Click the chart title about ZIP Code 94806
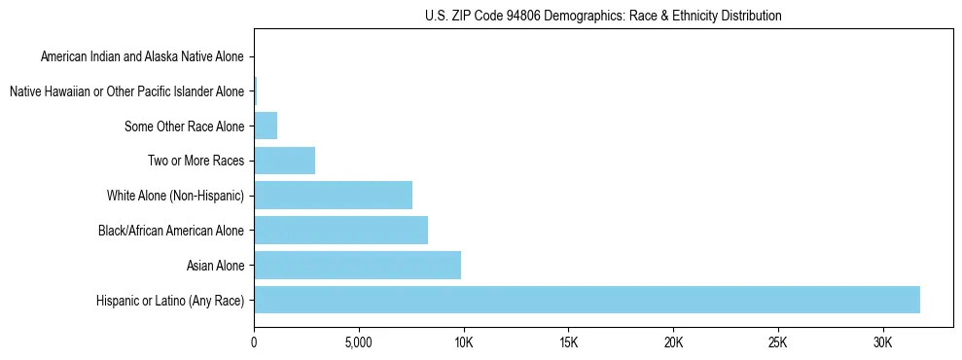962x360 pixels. click(x=603, y=16)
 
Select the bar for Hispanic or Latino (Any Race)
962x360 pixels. click(x=587, y=300)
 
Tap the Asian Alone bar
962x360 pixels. click(x=357, y=265)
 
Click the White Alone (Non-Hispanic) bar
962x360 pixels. click(x=333, y=196)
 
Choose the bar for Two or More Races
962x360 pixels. click(x=284, y=161)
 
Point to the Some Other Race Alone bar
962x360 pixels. click(x=266, y=126)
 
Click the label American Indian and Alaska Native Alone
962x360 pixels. click(x=143, y=57)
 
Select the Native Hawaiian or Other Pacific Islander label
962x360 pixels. click(x=126, y=91)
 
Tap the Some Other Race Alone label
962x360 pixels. click(x=185, y=126)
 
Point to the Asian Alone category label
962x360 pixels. click(x=215, y=265)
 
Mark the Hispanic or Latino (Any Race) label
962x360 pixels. click(x=170, y=300)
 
